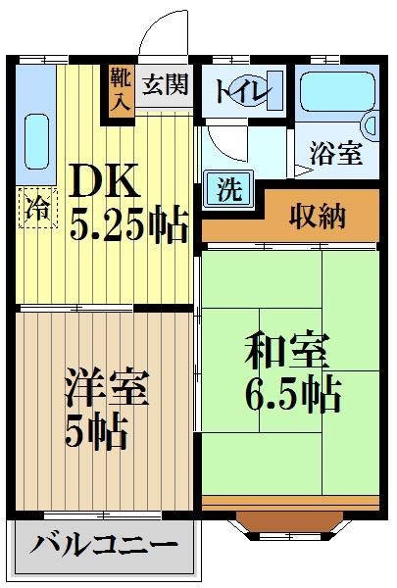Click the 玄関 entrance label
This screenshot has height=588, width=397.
[163, 85]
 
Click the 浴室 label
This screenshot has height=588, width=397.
[335, 154]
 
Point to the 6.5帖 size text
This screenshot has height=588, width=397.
[292, 395]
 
